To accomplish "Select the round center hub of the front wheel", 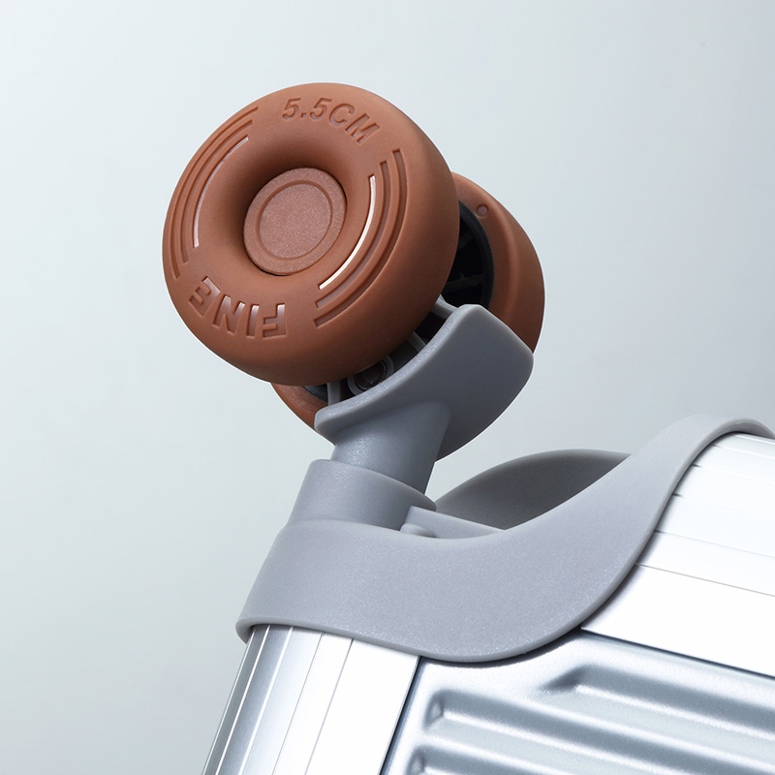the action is pos(295,221).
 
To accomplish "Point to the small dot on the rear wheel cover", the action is pos(482,210).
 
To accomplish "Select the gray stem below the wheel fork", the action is pos(376,445).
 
